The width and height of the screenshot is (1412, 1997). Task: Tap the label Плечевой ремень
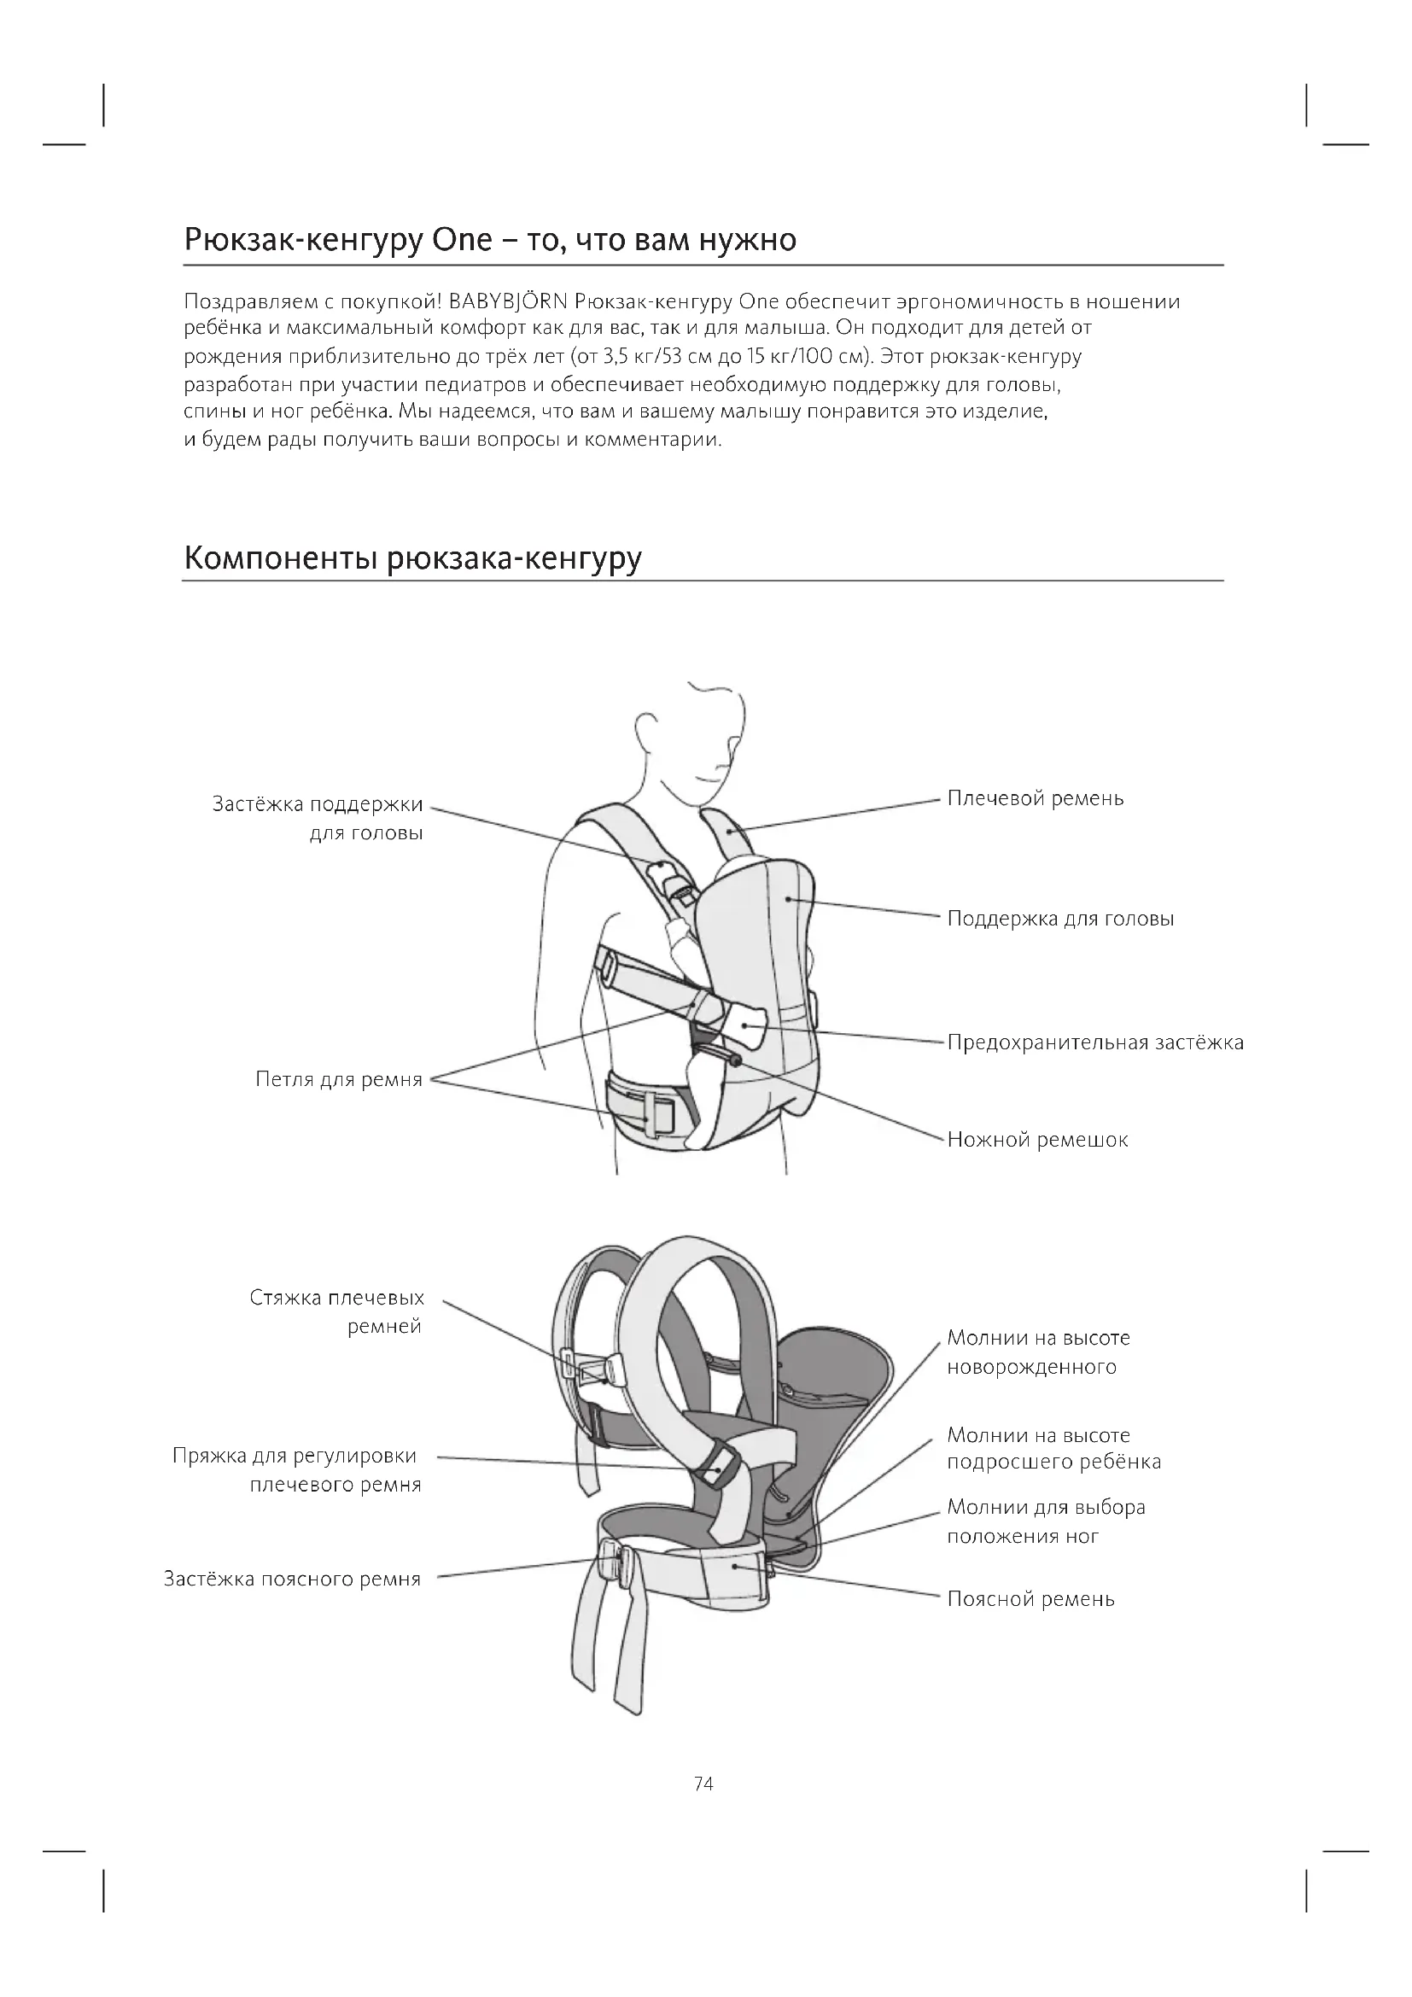coord(1035,798)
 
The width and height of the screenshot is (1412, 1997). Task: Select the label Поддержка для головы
coord(1060,919)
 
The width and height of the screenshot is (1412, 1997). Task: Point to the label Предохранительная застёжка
coord(1094,1042)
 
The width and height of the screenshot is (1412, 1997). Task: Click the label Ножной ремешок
coord(1037,1140)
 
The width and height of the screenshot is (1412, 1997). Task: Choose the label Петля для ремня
coord(338,1079)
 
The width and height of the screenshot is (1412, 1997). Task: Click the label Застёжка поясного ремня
coord(292,1579)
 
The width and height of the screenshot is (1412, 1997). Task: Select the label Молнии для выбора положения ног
coord(1045,1521)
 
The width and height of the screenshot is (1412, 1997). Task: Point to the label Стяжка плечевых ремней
coord(337,1311)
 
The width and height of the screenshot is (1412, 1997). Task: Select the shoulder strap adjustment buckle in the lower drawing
coord(719,1465)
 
